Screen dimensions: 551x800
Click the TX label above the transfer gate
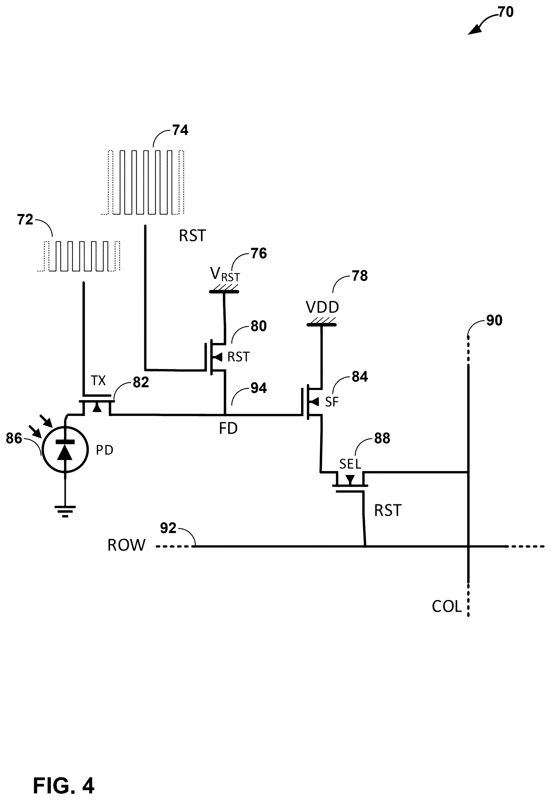98,381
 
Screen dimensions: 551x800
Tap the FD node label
228,429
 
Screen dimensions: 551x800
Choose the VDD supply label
322,307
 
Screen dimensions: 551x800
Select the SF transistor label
332,402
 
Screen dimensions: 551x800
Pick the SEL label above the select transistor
350,464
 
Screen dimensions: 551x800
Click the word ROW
126,545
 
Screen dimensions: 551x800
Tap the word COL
447,607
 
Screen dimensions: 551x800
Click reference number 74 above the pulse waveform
180,130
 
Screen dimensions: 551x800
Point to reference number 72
25,219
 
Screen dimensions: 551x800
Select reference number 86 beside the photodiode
14,438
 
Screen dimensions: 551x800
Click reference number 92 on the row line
168,528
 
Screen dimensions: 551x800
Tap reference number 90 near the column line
494,321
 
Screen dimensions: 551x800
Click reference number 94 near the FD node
259,388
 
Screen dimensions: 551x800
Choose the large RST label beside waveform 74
192,236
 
